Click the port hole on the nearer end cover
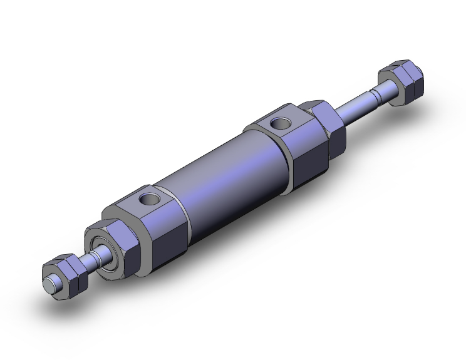[150, 200]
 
